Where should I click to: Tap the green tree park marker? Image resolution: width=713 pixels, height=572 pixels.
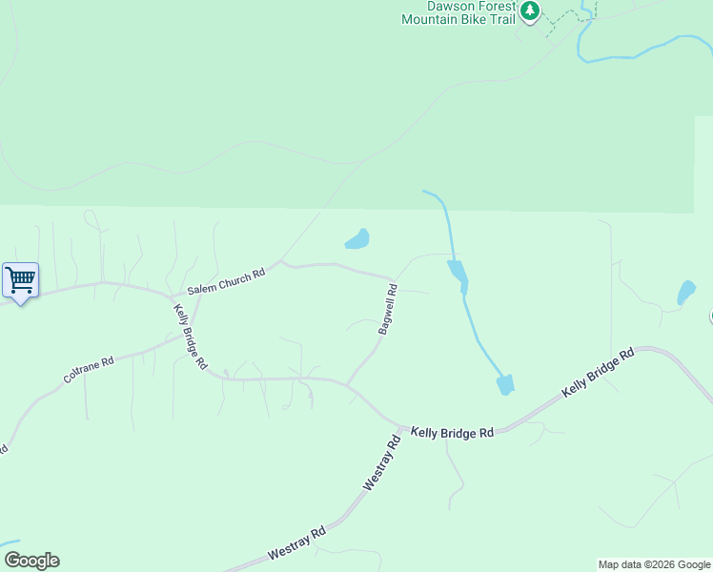(x=530, y=12)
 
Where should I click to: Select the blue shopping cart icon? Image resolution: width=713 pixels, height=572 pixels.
(x=20, y=280)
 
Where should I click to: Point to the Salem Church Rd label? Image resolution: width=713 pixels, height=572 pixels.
(x=225, y=281)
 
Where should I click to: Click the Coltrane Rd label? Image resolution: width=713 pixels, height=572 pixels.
(x=88, y=370)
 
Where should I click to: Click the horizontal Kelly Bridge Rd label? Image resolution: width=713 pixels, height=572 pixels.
(x=452, y=432)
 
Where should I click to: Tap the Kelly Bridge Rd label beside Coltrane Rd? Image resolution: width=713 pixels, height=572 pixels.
(x=190, y=336)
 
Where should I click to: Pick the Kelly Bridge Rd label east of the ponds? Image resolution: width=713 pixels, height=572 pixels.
(x=598, y=374)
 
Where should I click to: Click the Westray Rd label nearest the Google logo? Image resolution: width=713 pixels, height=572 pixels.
(x=297, y=543)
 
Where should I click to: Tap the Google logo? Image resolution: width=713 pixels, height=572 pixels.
(x=31, y=561)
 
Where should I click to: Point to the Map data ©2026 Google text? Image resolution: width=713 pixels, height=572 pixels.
(x=653, y=564)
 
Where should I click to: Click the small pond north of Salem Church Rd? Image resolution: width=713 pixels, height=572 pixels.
(x=357, y=238)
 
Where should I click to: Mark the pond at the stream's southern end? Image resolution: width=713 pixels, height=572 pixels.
(x=505, y=384)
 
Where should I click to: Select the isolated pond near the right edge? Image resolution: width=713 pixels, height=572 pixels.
(x=686, y=293)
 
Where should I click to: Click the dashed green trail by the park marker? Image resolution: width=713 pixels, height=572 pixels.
(x=569, y=16)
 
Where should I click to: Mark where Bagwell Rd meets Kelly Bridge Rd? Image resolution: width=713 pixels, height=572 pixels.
(x=346, y=384)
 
